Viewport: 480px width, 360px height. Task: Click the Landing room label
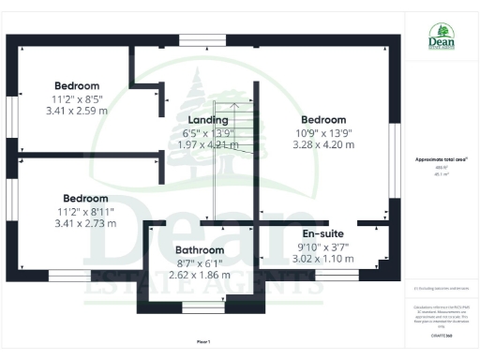click(x=208, y=120)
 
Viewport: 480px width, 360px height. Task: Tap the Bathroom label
click(x=200, y=250)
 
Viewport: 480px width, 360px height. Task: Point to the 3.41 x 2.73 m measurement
click(x=85, y=223)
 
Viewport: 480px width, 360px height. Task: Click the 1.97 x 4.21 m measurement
click(x=207, y=144)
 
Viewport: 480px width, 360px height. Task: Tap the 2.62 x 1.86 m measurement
click(x=200, y=277)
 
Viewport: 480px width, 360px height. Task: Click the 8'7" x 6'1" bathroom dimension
click(x=200, y=263)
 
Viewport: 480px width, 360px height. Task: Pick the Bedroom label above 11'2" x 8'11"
click(x=85, y=198)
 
